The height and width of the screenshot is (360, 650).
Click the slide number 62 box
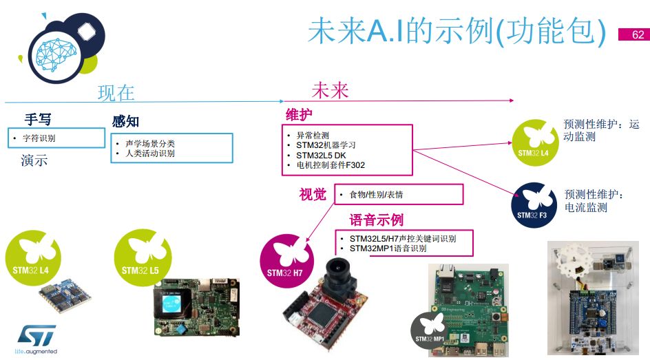click(634, 34)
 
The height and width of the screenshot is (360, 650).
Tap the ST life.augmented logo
click(36, 339)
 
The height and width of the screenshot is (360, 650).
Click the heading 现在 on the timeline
click(116, 93)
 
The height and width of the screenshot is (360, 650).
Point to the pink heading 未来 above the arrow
click(330, 90)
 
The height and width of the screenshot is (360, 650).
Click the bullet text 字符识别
click(39, 138)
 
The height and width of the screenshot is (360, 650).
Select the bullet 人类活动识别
click(150, 153)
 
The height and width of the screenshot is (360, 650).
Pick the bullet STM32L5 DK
click(321, 156)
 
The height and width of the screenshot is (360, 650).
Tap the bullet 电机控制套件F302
click(331, 165)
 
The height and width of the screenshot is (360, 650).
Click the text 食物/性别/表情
click(376, 194)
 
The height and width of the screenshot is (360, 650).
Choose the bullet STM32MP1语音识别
click(388, 248)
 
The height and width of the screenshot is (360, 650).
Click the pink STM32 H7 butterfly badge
click(287, 261)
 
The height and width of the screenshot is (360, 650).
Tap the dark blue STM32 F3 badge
click(534, 205)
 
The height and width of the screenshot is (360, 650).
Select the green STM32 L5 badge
click(143, 257)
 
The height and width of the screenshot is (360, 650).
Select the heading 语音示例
click(377, 220)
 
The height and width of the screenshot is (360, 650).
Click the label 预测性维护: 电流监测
click(594, 200)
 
